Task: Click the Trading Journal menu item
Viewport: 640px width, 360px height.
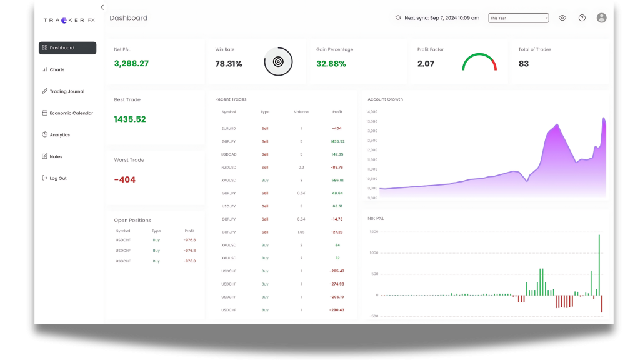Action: point(66,91)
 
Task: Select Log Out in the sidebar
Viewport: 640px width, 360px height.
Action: point(57,178)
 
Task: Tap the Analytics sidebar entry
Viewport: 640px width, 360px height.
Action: point(59,135)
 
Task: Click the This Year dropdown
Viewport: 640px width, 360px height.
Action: point(518,18)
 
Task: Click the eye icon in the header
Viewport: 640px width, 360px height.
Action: point(562,18)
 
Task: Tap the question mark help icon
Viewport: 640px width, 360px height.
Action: point(582,18)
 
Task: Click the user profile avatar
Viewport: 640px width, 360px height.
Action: point(601,18)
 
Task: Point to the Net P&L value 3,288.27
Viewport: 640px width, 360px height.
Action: point(131,64)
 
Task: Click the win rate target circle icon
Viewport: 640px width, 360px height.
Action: point(278,62)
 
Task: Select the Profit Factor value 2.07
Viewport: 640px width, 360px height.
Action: point(426,64)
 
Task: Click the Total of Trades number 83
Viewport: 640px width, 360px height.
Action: point(524,64)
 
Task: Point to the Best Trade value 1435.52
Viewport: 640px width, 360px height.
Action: point(130,119)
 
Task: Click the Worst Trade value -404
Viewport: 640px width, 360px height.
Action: point(124,180)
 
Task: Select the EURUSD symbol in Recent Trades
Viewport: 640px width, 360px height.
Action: point(229,128)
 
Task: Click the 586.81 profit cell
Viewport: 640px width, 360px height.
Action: point(337,180)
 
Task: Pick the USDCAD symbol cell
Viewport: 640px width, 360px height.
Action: point(229,154)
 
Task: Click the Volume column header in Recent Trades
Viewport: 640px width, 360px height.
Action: point(301,112)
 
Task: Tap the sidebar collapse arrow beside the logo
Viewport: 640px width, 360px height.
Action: point(102,7)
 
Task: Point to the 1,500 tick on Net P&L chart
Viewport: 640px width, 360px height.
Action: point(373,232)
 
